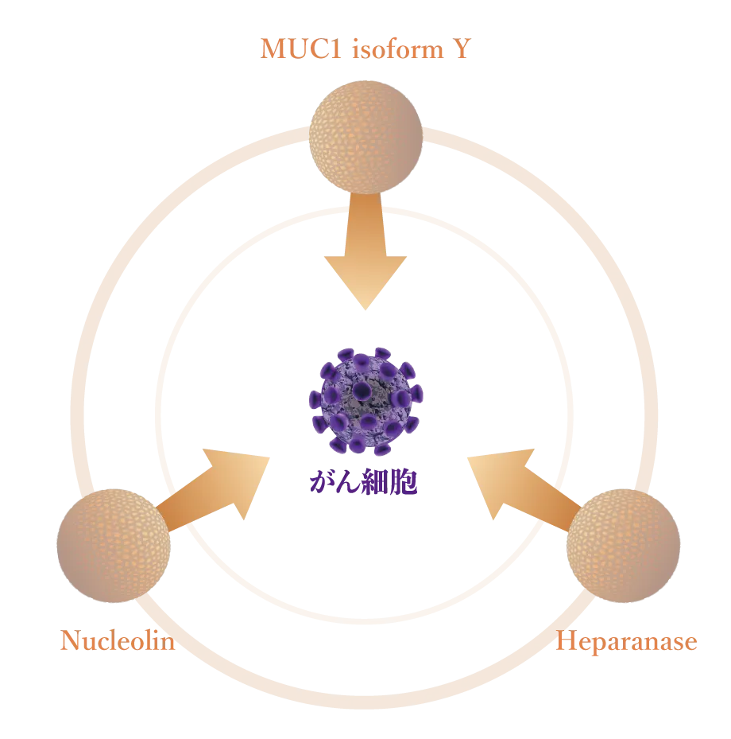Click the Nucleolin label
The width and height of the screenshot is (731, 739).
116,641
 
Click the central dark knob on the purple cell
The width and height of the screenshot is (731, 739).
362,390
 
